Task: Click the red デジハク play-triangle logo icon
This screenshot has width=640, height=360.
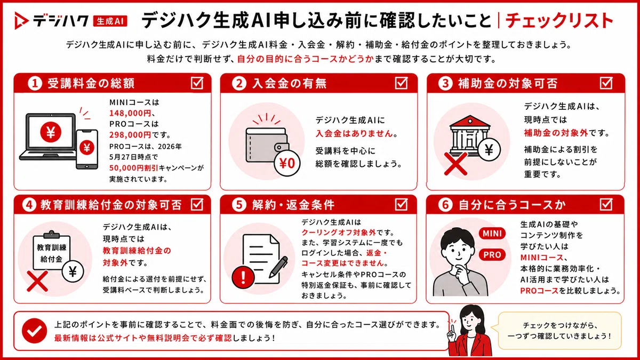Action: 21,21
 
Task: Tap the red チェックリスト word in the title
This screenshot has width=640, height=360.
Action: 559,21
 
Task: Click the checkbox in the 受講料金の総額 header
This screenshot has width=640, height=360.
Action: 197,83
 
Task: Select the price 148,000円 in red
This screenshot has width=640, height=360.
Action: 130,113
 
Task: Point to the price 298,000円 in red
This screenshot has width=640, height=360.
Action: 130,134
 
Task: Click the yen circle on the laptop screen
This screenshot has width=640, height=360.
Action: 51,132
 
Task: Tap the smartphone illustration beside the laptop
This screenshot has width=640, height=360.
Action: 87,149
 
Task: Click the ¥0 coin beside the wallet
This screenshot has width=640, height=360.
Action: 287,163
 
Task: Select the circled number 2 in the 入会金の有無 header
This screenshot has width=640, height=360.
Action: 239,83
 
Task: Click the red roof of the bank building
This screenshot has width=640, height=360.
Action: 470,121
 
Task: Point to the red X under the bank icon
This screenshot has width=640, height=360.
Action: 456,164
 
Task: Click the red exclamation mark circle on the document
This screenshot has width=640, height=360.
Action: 243,276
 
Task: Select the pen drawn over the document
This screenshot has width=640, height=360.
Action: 278,266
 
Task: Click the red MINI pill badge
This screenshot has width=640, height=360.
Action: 492,234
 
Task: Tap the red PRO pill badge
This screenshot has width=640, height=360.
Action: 492,254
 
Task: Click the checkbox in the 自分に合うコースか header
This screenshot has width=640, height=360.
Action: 606,205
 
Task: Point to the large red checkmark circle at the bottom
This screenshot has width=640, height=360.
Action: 35,331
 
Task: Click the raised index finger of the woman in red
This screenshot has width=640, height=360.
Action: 452,327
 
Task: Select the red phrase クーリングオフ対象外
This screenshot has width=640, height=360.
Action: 339,233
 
